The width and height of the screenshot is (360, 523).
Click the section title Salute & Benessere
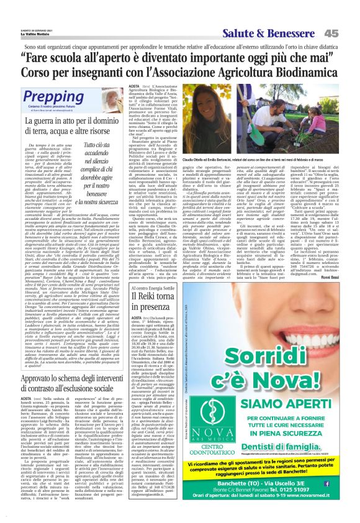point(284,33)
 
